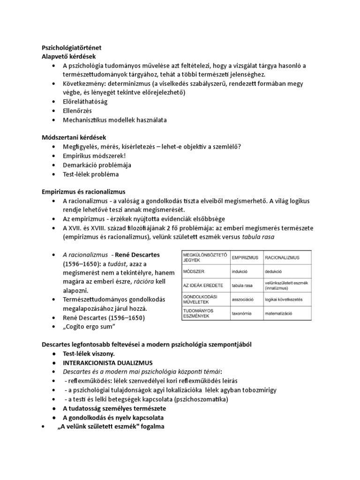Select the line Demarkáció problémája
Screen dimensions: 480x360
click(97, 165)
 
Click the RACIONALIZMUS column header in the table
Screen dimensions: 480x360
click(282, 258)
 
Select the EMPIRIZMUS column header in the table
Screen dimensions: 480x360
click(246, 258)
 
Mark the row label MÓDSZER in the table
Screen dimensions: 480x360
click(193, 271)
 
